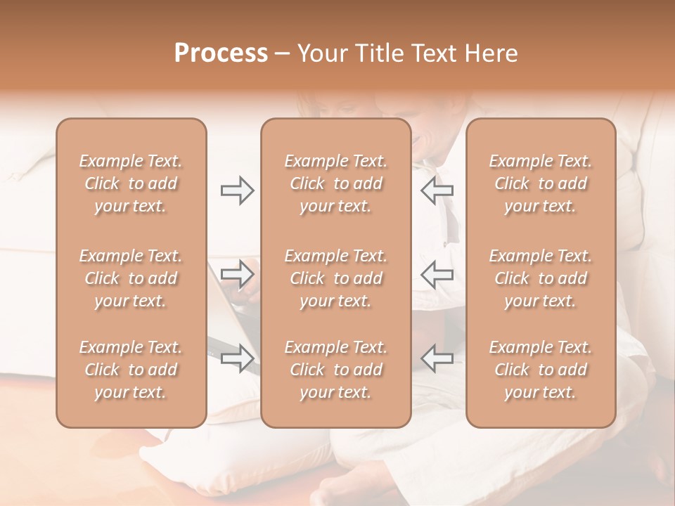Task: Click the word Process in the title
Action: click(221, 53)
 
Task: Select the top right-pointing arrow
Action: click(237, 190)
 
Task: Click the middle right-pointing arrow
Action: click(237, 274)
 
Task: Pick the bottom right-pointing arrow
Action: click(237, 358)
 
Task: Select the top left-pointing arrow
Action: click(437, 190)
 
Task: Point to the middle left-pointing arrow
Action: click(437, 274)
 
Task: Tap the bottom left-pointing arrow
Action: click(437, 358)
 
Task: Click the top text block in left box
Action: click(131, 183)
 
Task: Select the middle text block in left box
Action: click(131, 278)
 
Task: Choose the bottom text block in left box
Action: click(131, 370)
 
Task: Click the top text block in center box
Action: click(335, 183)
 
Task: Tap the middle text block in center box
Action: click(335, 278)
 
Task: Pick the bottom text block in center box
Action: click(335, 370)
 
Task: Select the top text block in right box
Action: click(540, 183)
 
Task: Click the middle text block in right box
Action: click(540, 278)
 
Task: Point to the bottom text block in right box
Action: click(540, 370)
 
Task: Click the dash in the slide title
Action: click(283, 54)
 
